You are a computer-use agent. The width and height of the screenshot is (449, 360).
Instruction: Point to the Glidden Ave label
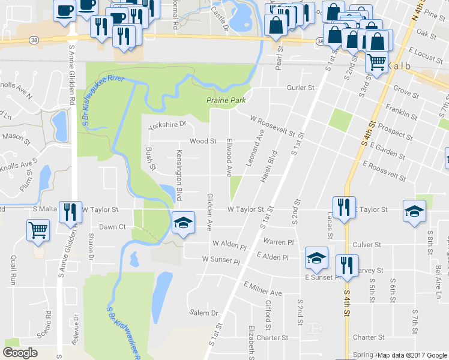point(210,212)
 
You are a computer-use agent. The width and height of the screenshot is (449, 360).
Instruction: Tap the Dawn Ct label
point(112,227)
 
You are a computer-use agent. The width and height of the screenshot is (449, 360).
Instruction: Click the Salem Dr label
point(204,313)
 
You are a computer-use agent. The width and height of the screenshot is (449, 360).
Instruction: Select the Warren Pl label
point(278,241)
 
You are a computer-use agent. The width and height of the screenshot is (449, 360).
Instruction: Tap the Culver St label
point(367,245)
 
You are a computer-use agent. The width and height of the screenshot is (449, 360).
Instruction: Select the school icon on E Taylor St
point(415,211)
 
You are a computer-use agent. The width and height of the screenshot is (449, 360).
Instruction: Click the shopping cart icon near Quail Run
point(38,229)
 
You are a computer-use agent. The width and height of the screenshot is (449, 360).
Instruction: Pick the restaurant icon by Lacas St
point(343,208)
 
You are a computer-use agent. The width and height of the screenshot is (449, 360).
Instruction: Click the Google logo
point(20,353)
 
